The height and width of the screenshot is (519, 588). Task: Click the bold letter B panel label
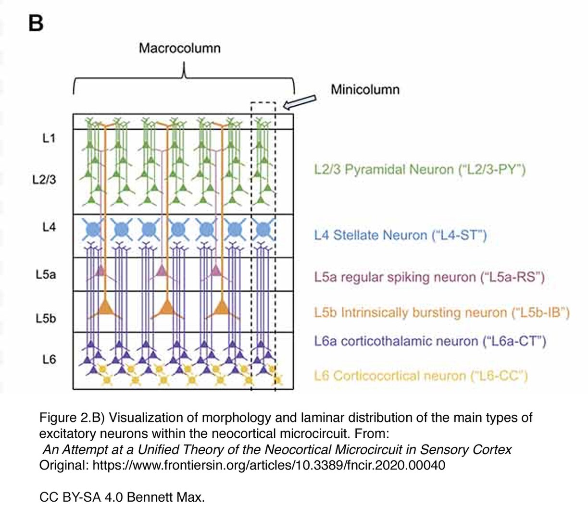coord(36,23)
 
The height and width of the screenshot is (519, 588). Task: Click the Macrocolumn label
coord(179,48)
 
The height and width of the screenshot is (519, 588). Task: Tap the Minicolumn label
coord(365,89)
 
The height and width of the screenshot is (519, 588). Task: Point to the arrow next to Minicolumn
coord(300,101)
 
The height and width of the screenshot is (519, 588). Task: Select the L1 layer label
coord(49,138)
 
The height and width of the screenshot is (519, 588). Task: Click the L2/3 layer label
coord(44,180)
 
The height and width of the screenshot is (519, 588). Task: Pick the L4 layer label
coord(49,227)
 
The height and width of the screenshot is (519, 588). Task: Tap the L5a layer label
coord(46,274)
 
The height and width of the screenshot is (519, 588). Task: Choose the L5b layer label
coord(46,318)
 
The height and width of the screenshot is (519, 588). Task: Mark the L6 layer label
coord(49,359)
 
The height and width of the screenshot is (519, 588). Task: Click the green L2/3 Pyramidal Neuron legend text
coord(420,170)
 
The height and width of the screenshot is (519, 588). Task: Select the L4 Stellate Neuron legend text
coord(400,235)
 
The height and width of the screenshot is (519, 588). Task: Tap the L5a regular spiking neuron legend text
coord(429,277)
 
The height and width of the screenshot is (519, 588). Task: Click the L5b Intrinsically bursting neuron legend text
coord(441,313)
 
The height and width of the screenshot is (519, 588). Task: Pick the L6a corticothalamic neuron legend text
coord(430,341)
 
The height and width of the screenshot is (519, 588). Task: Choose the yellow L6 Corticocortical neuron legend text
coord(421,376)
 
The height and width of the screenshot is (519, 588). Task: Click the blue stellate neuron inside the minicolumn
coord(263,230)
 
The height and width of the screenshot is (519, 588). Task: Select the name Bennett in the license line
coord(149,497)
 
